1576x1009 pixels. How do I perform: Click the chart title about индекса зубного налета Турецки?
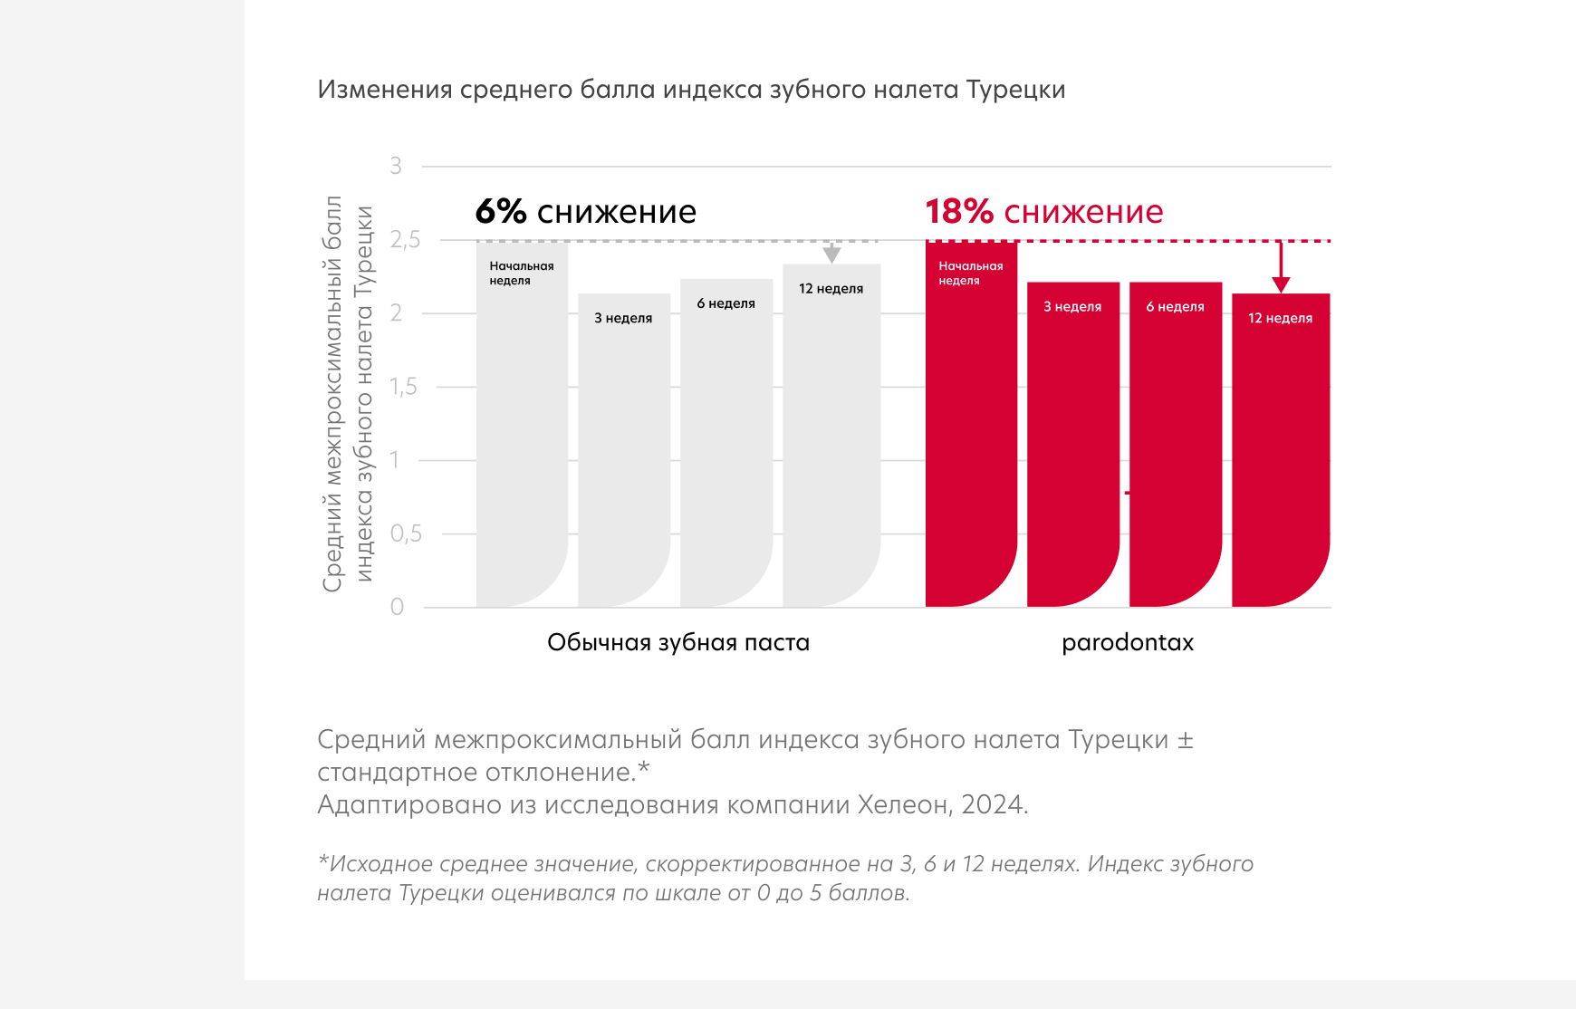[691, 90]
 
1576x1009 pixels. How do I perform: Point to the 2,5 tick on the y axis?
[405, 240]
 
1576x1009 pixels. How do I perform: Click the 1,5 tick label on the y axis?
[403, 387]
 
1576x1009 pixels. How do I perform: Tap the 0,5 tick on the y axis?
[406, 533]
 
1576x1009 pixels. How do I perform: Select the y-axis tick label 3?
[396, 166]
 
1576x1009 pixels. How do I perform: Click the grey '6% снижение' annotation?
[586, 211]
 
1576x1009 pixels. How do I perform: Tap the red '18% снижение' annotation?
[1044, 211]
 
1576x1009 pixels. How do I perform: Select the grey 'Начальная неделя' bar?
[522, 424]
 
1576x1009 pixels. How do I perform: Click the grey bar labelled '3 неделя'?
[624, 450]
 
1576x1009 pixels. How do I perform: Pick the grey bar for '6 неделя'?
[726, 443]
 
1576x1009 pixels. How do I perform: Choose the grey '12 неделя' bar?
[831, 436]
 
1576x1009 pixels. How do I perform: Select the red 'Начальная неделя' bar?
[971, 424]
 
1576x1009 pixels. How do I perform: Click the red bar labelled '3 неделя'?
[1073, 445]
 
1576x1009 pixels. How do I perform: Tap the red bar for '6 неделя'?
[1176, 445]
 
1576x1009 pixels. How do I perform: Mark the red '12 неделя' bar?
[1281, 450]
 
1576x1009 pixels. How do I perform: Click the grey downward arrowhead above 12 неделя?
[831, 255]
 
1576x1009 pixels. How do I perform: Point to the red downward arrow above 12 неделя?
[1281, 267]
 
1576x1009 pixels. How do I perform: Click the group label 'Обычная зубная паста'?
[678, 642]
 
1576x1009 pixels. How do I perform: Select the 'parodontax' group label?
[1128, 642]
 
